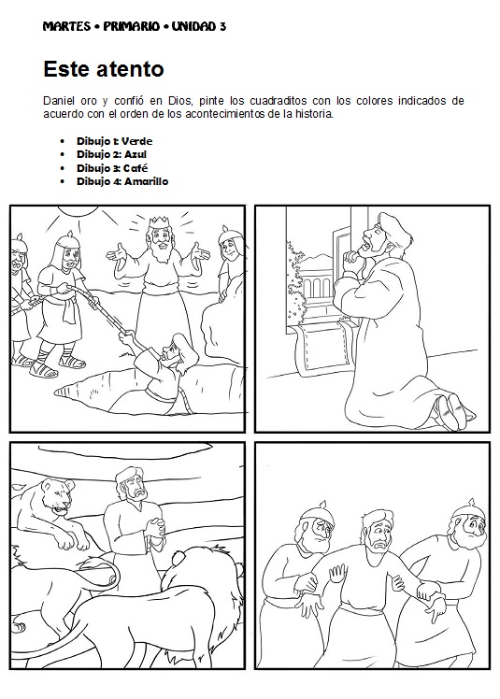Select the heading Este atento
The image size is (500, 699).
point(104,68)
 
